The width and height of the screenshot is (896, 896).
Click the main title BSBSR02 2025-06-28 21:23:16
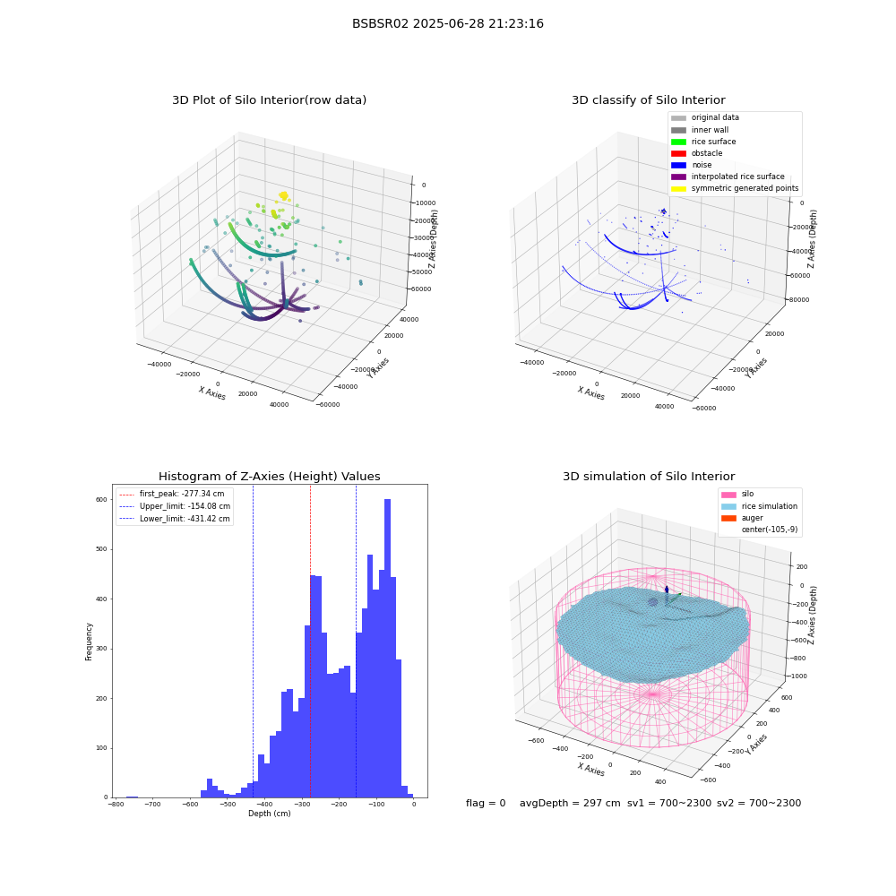447,23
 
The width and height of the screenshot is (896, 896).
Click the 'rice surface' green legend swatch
678,142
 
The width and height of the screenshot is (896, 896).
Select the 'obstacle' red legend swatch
678,153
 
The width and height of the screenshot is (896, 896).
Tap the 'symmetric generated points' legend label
745,188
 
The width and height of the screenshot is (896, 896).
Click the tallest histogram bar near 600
387,648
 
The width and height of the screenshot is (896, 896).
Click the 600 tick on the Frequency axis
101,499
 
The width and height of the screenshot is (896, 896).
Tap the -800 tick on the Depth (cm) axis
116,805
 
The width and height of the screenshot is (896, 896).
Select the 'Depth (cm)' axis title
270,814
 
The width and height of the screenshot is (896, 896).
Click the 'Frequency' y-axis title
89,642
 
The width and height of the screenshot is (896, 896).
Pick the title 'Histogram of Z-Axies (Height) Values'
269,476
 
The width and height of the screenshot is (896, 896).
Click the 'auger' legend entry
752,518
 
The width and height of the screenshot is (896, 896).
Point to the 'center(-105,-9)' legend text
770,530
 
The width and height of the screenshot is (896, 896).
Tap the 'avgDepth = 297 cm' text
570,803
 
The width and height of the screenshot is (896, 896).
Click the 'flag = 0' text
486,803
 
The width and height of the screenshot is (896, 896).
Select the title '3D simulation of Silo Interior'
649,476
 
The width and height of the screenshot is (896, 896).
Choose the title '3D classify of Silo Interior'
649,100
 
